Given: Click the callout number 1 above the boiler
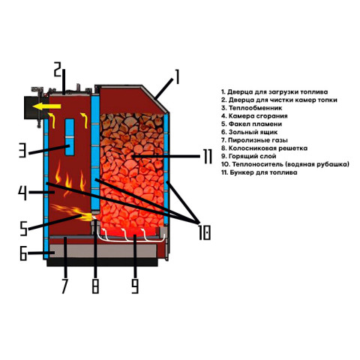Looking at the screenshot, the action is pyautogui.click(x=177, y=77).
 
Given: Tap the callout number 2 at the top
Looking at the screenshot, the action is pyautogui.click(x=58, y=70).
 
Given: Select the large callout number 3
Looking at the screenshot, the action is pyautogui.click(x=22, y=150).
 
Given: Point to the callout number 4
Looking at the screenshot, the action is pyautogui.click(x=22, y=193).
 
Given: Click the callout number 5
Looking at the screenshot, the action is pyautogui.click(x=23, y=229).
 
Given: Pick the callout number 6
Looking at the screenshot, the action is pyautogui.click(x=23, y=253).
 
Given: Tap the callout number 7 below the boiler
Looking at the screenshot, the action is pyautogui.click(x=64, y=286).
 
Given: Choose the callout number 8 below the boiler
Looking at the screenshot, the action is pyautogui.click(x=95, y=286).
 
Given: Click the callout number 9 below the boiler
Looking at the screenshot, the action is pyautogui.click(x=135, y=286).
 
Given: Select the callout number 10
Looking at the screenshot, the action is pyautogui.click(x=205, y=232).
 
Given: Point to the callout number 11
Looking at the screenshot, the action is pyautogui.click(x=208, y=157).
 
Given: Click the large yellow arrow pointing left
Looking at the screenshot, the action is pyautogui.click(x=46, y=106).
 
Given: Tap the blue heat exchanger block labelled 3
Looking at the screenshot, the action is pyautogui.click(x=70, y=137).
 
